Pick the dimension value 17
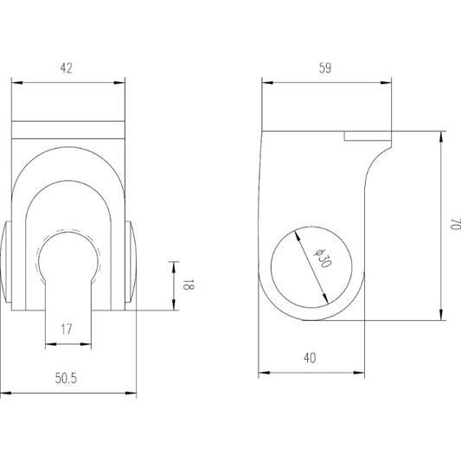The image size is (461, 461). point(67,329)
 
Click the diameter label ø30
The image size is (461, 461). point(317,259)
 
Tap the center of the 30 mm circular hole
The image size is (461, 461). point(311,268)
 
